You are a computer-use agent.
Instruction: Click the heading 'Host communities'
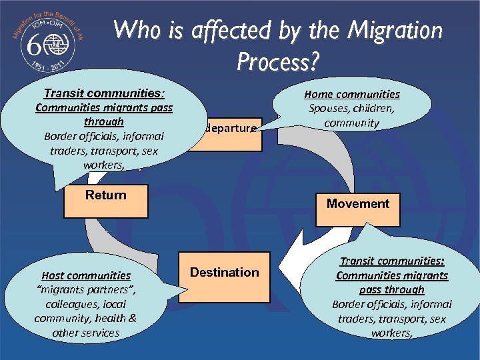[x=86, y=275]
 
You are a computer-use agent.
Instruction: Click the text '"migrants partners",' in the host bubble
[x=86, y=289]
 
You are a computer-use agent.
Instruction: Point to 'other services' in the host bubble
[x=86, y=332]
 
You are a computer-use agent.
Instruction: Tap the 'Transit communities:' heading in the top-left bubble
[x=104, y=93]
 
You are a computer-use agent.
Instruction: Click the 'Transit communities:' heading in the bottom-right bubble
[x=393, y=261]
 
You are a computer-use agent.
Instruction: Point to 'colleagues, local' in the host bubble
[x=86, y=303]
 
